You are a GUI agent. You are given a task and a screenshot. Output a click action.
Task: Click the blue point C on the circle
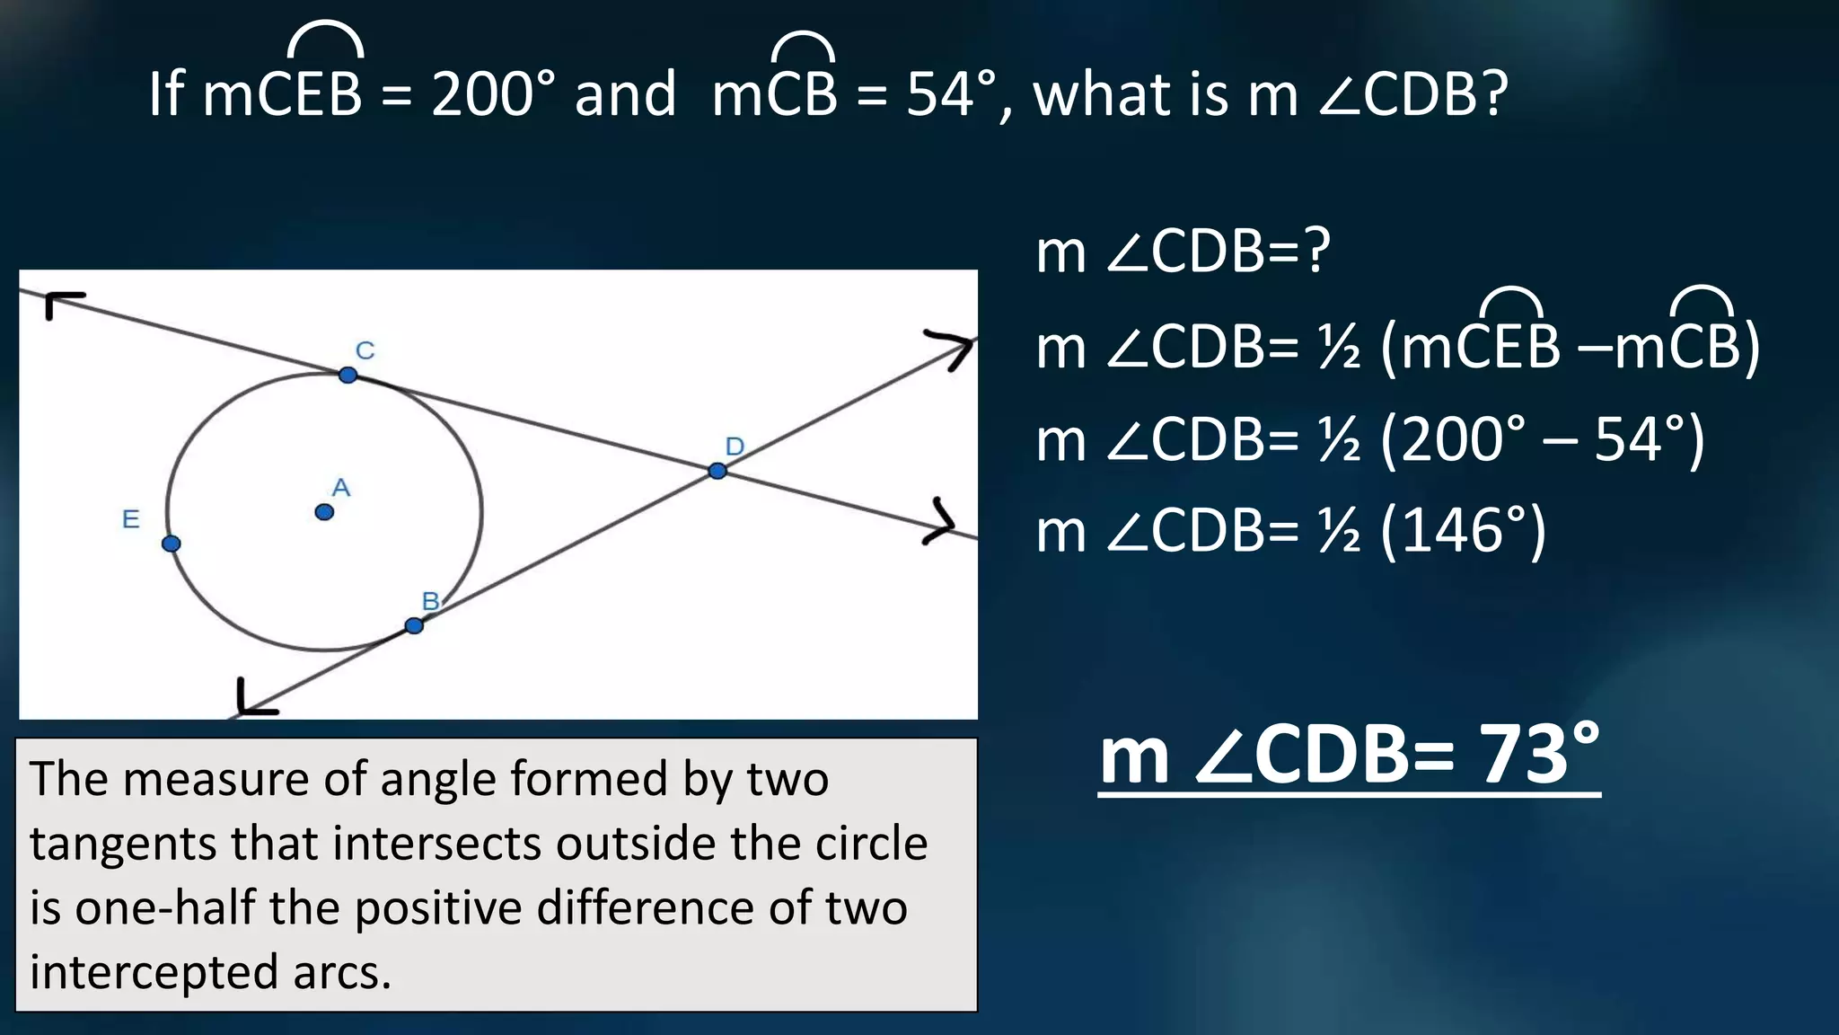(348, 375)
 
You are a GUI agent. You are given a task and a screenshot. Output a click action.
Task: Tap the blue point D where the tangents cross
(717, 471)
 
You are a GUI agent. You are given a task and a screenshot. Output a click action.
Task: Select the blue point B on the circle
(414, 625)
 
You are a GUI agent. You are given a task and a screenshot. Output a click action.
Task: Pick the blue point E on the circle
(172, 544)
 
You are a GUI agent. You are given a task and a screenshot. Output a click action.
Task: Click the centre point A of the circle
(324, 512)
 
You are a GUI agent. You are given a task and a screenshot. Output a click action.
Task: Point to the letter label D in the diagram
(735, 447)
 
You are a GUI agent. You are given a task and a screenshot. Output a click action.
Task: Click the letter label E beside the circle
(131, 519)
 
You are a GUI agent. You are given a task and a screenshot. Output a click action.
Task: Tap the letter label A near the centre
(341, 488)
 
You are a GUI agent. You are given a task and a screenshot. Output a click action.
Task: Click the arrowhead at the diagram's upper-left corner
(63, 304)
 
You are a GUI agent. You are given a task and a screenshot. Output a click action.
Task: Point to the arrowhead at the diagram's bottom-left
(253, 700)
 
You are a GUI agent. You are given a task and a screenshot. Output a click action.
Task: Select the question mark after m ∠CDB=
(1316, 252)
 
